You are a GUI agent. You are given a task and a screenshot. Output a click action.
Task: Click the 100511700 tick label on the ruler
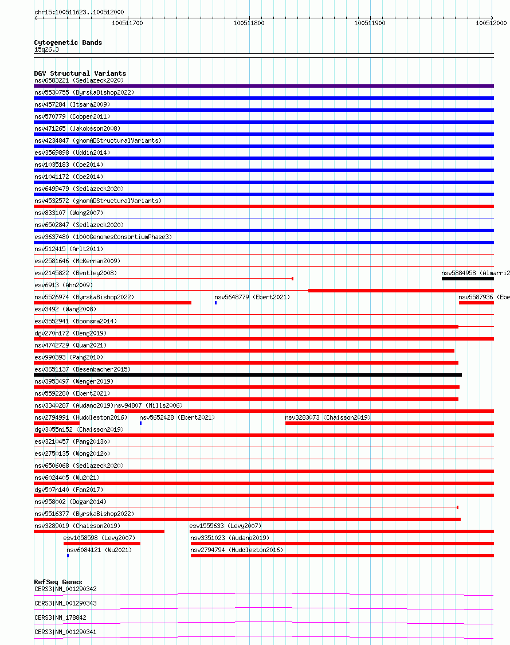(127, 23)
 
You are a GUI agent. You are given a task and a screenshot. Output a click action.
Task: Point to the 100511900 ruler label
(370, 23)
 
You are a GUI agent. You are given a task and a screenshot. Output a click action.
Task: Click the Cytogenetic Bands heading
(68, 42)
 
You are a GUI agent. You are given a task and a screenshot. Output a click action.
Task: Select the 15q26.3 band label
(46, 49)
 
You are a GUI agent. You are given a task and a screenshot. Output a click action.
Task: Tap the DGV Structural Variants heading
(80, 73)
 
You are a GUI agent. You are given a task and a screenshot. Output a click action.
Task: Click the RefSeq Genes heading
(58, 582)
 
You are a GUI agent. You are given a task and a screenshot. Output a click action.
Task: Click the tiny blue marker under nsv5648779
(215, 303)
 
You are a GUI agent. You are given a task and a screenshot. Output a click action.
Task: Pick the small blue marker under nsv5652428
(140, 423)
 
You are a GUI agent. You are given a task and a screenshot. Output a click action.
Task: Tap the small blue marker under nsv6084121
(68, 556)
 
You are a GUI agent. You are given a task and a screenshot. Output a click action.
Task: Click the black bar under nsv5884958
(467, 279)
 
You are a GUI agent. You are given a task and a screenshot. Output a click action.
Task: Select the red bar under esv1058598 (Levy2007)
(101, 544)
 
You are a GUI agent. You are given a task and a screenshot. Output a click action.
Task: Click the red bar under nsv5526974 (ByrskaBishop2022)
(112, 303)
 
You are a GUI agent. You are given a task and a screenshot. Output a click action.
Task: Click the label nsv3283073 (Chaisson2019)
(328, 417)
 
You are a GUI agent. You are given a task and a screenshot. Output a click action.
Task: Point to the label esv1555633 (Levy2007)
(225, 526)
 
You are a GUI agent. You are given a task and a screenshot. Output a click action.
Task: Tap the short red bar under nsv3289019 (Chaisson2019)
(99, 531)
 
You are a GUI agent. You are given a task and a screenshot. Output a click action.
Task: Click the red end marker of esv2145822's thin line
(292, 279)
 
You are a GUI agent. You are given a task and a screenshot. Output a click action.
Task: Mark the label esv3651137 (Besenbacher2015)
(82, 369)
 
